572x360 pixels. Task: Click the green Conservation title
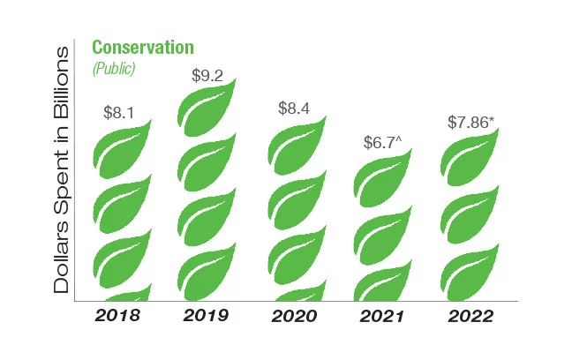click(143, 48)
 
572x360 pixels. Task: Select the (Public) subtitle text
click(114, 68)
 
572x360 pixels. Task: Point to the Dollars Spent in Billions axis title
click(62, 169)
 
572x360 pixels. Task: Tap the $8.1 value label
click(118, 113)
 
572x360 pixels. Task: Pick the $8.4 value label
click(293, 109)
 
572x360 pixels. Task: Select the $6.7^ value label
click(381, 142)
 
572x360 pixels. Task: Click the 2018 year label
click(118, 315)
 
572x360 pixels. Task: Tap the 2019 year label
click(206, 315)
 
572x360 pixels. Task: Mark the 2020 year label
click(295, 315)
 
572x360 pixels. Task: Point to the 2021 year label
click(382, 315)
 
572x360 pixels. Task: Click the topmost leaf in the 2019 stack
click(207, 108)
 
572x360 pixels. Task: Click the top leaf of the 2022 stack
click(470, 159)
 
